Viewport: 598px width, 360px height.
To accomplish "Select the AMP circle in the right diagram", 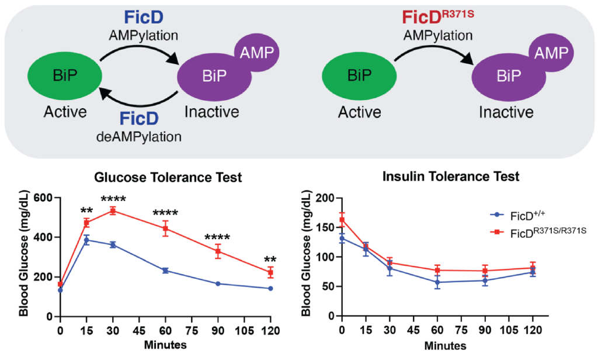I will [551, 54].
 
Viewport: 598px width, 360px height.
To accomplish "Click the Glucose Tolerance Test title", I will [169, 178].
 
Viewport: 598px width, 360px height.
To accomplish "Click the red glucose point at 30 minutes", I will [113, 210].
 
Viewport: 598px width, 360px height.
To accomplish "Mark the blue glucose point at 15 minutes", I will [86, 240].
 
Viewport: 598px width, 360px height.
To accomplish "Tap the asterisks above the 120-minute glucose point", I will [270, 259].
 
